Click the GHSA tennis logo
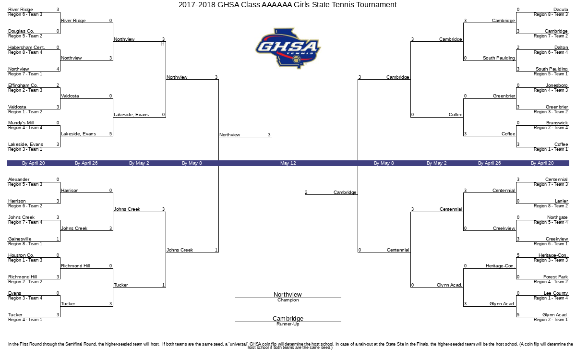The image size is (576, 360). pos(288,48)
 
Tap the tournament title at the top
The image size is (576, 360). pos(288,5)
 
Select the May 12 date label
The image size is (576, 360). pos(288,163)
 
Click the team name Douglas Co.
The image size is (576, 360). pos(21,31)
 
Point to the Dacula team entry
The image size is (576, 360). pos(561,10)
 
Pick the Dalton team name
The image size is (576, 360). pos(561,48)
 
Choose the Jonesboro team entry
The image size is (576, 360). pos(556,85)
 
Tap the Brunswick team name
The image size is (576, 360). pos(557,123)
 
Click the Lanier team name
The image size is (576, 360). pos(561,201)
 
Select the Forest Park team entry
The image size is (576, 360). pos(555,276)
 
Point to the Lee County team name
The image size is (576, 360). pos(556,293)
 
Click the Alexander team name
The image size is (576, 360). pos(19,179)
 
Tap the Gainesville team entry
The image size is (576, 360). pos(20,239)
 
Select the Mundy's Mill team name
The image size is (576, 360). pos(21,123)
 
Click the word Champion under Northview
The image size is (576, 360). pos(288,300)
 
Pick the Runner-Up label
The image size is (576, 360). pos(288,324)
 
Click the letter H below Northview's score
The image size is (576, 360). pos(163,44)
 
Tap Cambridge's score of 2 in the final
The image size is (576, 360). pos(306,192)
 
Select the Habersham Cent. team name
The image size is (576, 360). pos(26,48)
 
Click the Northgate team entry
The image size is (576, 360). pos(557,217)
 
